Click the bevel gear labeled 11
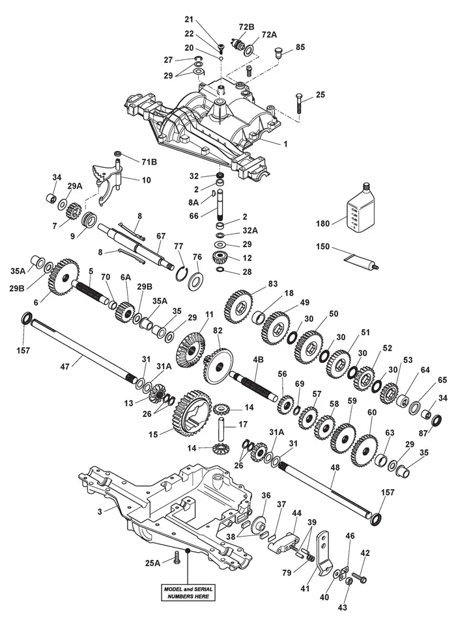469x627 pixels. (x=190, y=351)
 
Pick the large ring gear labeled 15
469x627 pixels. (x=193, y=413)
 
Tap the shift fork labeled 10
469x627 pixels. (x=107, y=181)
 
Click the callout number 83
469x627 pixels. (x=273, y=284)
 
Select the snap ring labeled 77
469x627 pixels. (x=182, y=274)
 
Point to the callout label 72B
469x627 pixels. (x=247, y=27)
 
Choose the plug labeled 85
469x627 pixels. (x=277, y=53)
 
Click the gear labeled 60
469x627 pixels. (x=365, y=451)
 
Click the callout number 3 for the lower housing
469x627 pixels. (x=100, y=511)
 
